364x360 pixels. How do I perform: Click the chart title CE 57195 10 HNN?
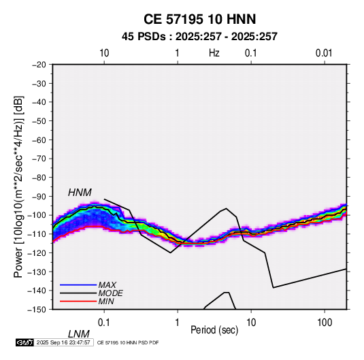tap(199, 19)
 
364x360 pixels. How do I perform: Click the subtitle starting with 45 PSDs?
tap(199, 37)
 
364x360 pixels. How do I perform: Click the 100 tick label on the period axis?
tap(325, 323)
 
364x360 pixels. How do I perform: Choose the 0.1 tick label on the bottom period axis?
tap(104, 323)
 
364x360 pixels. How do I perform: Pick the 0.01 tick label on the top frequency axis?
tap(324, 53)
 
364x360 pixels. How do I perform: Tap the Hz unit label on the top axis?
tap(214, 53)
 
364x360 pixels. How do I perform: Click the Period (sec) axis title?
tap(214, 330)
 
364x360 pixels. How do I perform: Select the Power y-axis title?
tap(18, 186)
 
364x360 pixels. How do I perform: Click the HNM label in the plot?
tap(80, 193)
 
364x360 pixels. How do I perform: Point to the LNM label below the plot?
tap(78, 334)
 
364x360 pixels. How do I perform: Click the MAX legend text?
tap(107, 285)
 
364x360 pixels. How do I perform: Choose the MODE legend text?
tap(110, 293)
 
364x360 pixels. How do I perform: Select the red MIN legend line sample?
tap(78, 301)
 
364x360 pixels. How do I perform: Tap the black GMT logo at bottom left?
tap(24, 342)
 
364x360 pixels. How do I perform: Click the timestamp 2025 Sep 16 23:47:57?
tap(63, 342)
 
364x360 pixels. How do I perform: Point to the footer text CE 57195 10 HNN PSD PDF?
tap(128, 343)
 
